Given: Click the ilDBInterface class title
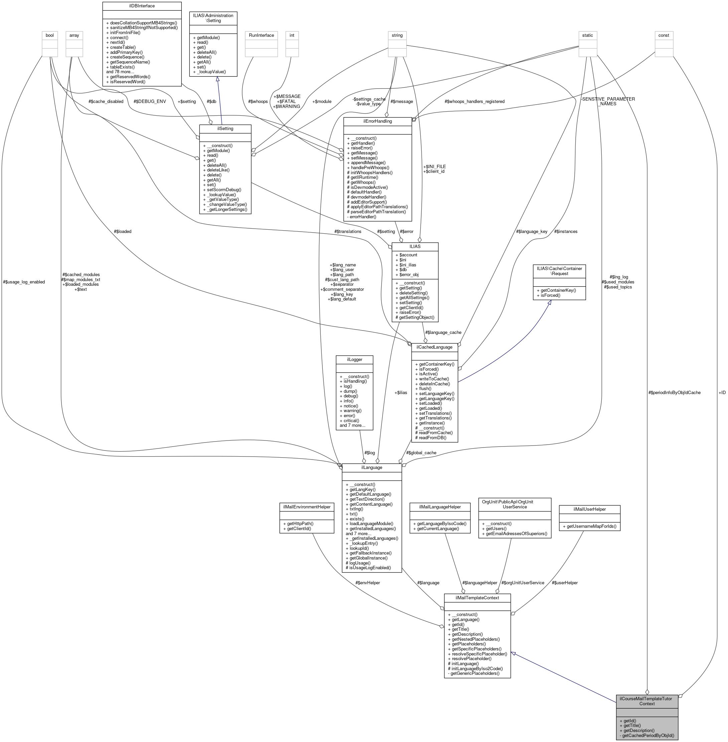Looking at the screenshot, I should point(141,6).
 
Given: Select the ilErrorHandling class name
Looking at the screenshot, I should point(378,121).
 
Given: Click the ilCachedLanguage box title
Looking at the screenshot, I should point(434,347).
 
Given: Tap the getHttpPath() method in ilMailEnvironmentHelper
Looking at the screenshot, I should point(300,524).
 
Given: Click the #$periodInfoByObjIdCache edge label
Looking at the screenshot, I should point(675,392).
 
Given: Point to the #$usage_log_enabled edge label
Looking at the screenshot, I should point(24,282).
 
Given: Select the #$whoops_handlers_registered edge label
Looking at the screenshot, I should point(474,101).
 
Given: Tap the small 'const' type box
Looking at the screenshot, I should point(664,35).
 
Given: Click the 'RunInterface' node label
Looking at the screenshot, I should point(261,35).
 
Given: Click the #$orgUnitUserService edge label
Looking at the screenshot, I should point(523,583).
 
